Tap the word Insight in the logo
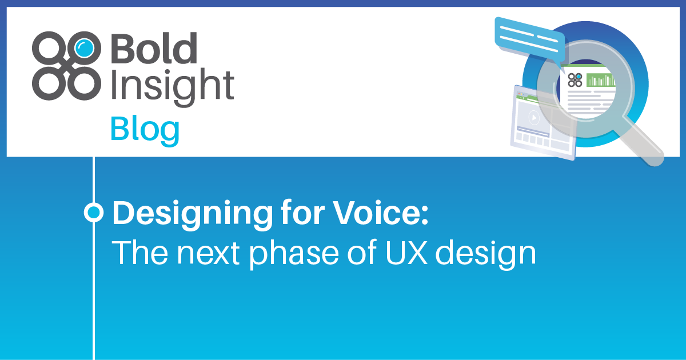tap(171, 86)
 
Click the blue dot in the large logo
tap(83, 47)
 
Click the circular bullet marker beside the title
tap(93, 213)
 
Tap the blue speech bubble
tap(529, 37)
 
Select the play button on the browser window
tap(533, 118)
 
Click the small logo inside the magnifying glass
tap(575, 79)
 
